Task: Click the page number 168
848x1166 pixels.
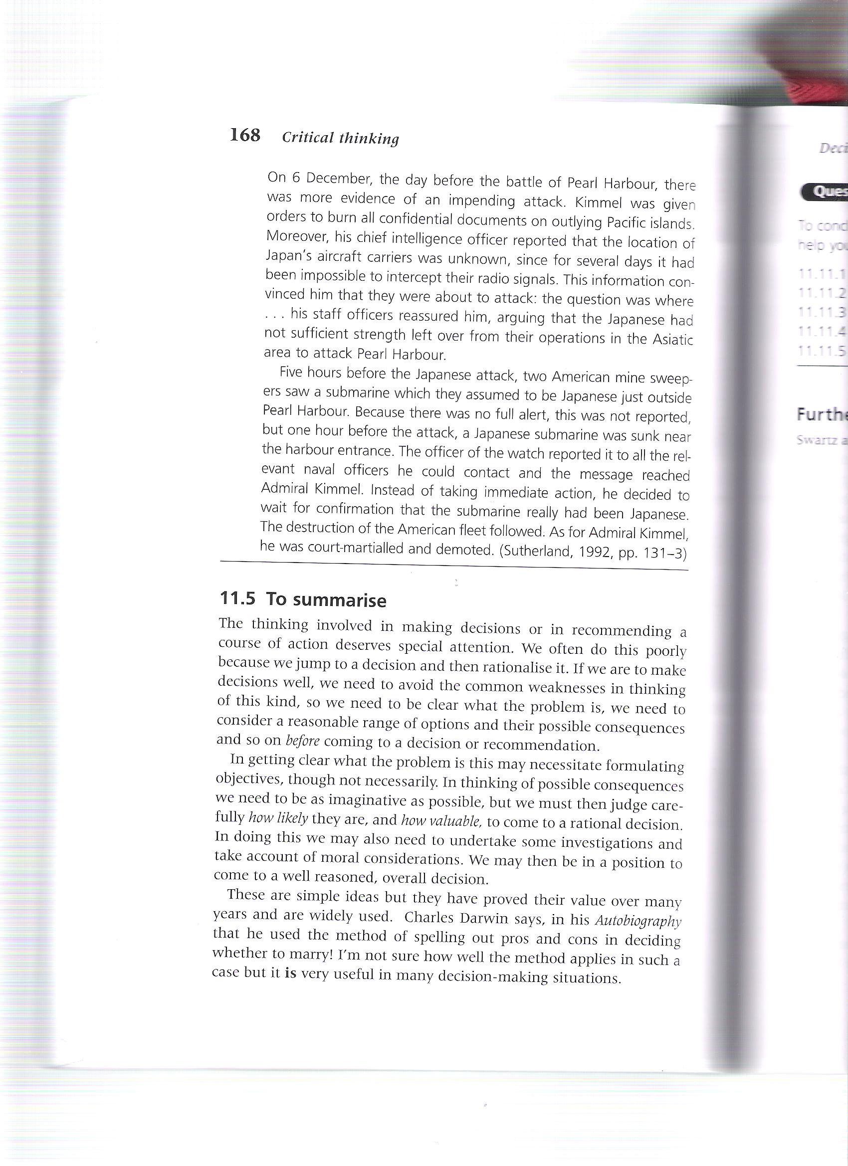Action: [245, 135]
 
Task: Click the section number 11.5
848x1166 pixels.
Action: [237, 598]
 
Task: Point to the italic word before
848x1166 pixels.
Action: [302, 742]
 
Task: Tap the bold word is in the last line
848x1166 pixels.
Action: [290, 973]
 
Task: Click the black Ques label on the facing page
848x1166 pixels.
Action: [826, 193]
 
